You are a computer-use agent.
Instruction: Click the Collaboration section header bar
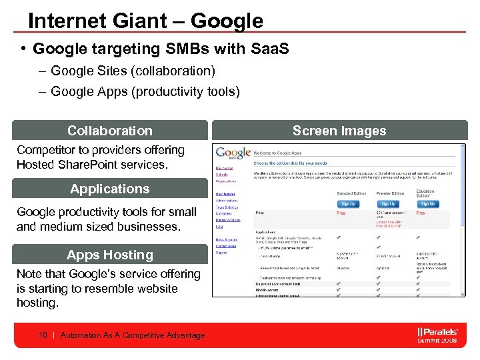tap(109, 131)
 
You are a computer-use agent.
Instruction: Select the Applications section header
tap(109, 189)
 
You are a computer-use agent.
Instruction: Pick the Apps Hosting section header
tap(109, 255)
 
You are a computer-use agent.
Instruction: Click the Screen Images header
tap(339, 131)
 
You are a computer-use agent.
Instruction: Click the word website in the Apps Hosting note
tap(156, 288)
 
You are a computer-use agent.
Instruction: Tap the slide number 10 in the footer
tap(43, 335)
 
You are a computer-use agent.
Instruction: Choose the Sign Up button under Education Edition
tap(427, 203)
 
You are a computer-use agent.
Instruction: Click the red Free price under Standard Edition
tap(341, 213)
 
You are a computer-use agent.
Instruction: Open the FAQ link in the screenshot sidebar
tap(219, 227)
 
